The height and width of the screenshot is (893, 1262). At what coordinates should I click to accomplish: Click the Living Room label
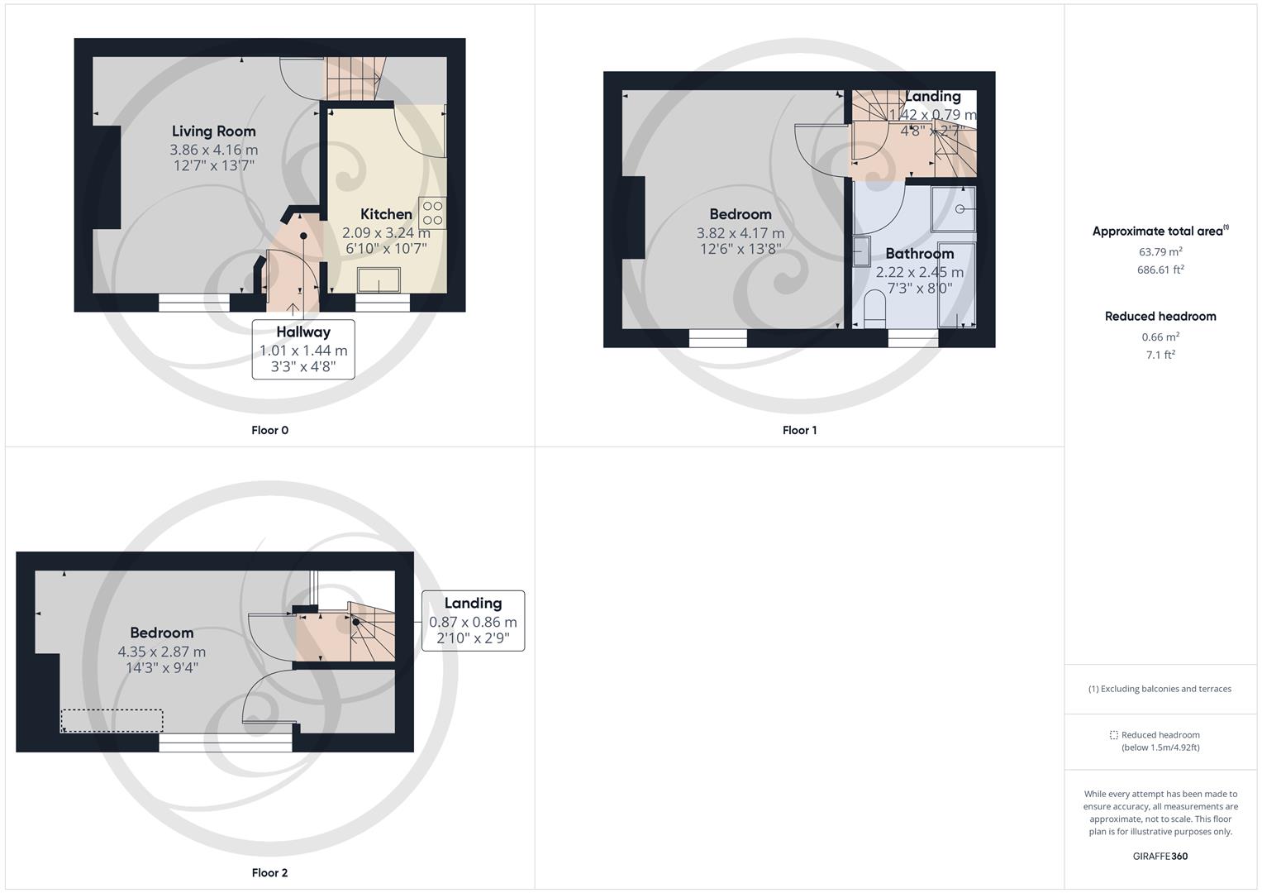213,131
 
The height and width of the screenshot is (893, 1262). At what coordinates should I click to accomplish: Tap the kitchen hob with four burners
432,213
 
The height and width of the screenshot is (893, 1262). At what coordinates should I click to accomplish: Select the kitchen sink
379,280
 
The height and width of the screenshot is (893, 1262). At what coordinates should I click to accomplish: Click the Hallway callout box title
303,332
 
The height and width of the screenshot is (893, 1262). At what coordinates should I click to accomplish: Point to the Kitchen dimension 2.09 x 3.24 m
386,233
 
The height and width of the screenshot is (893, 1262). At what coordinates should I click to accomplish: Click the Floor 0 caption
269,430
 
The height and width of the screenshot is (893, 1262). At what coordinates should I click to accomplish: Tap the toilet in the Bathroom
874,310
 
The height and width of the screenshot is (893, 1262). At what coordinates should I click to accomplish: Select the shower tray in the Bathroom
954,208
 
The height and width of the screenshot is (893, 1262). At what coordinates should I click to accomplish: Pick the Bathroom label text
919,254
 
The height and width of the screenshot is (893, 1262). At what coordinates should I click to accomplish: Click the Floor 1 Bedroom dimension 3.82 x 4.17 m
740,233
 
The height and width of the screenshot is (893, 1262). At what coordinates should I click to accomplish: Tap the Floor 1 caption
799,430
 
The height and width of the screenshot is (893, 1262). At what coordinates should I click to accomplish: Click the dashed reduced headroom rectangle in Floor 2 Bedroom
112,721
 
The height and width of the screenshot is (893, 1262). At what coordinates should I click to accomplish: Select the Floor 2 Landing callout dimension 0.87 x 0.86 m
473,622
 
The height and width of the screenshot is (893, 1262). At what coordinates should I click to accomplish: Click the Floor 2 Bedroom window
225,745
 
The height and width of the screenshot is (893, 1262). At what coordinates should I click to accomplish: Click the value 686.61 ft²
1160,270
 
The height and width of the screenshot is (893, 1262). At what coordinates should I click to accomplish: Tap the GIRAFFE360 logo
1160,856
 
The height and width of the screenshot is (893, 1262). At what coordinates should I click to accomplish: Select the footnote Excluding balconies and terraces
1160,689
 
